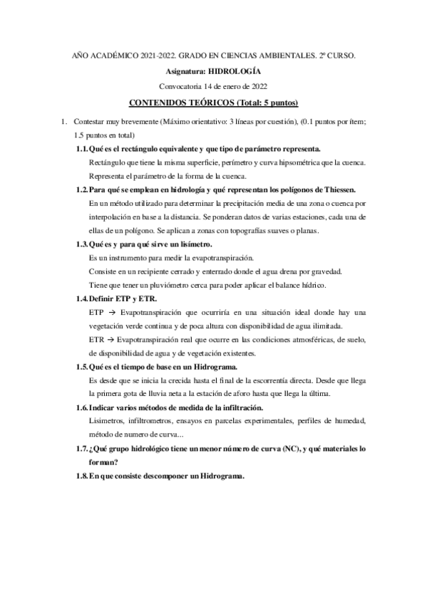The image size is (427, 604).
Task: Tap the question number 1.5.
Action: click(83, 366)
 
